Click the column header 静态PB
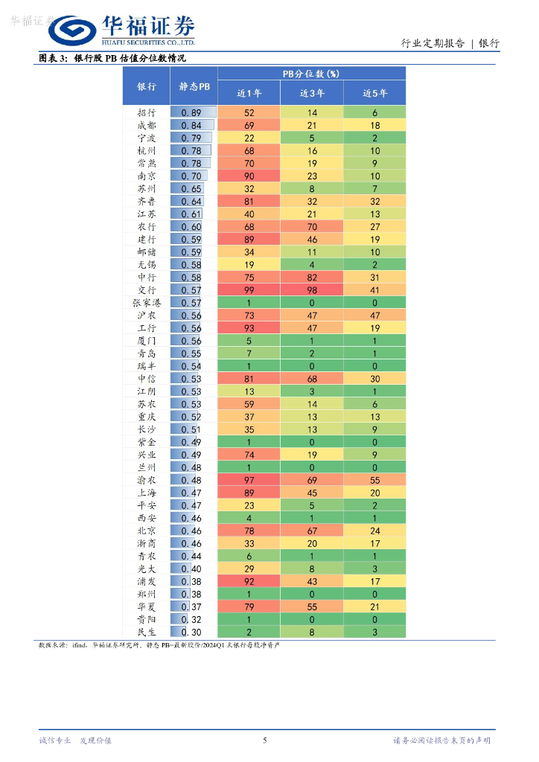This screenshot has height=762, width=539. click(194, 86)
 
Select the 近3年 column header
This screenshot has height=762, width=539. click(312, 93)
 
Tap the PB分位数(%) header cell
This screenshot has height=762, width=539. click(311, 74)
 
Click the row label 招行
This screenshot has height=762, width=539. click(147, 112)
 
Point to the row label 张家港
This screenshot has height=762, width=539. click(147, 302)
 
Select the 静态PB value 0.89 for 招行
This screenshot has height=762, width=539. click(192, 112)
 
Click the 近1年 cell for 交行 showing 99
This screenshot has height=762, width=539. click(249, 289)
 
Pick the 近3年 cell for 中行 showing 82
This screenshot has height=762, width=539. click(312, 277)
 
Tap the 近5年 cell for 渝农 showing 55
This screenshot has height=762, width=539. click(374, 480)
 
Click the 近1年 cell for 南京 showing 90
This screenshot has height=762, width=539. click(249, 176)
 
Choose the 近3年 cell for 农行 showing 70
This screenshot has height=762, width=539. click(312, 226)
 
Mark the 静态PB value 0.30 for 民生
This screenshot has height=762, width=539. click(192, 632)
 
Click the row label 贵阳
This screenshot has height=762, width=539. click(147, 619)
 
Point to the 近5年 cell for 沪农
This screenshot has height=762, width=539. click(374, 315)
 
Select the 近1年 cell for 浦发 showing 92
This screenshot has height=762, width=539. click(249, 581)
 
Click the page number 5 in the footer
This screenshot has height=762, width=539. click(265, 740)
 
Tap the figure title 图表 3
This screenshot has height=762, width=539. click(53, 58)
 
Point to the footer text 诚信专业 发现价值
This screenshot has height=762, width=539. click(74, 740)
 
